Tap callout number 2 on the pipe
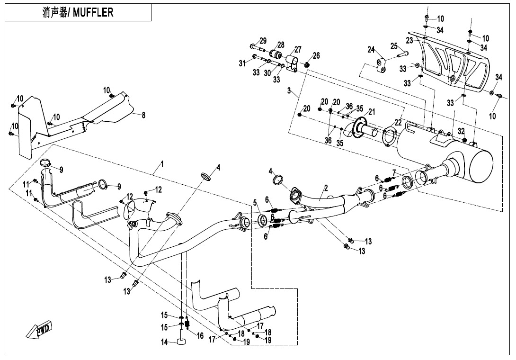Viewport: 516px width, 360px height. click(x=326, y=188)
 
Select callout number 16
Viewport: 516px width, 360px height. click(x=200, y=336)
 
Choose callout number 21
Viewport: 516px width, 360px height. click(x=372, y=112)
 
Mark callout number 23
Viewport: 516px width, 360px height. click(x=409, y=41)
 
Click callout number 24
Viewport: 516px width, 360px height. click(x=371, y=49)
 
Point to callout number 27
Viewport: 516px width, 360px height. click(x=298, y=50)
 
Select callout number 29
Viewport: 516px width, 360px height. click(x=263, y=40)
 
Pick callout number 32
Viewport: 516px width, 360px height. click(x=461, y=131)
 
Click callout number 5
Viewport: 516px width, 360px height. click(x=255, y=203)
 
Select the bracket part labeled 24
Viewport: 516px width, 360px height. click(x=381, y=66)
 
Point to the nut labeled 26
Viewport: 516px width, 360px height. click(x=306, y=64)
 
